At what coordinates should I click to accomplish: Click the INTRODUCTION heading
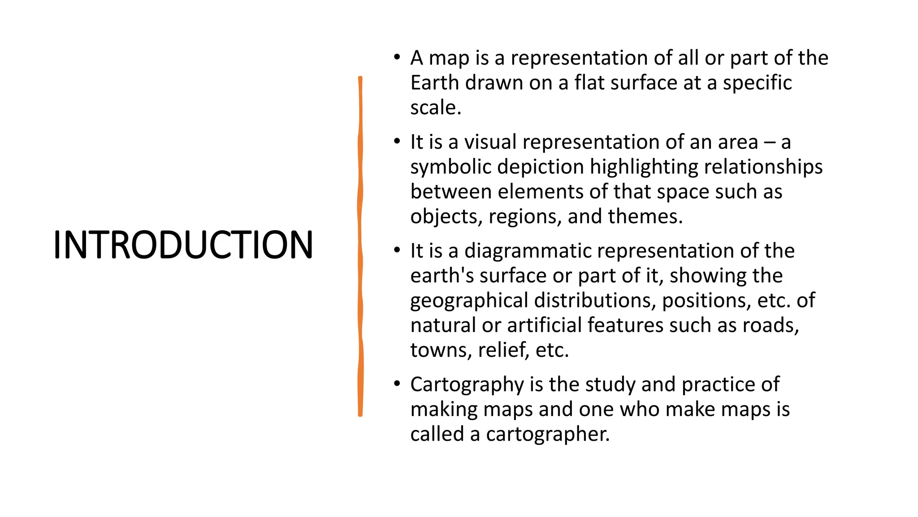click(x=183, y=245)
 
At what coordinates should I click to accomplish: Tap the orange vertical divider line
click(x=360, y=246)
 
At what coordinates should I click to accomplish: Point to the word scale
click(x=434, y=108)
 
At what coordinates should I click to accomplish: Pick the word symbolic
click(x=450, y=167)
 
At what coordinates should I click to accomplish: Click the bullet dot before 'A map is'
click(x=397, y=57)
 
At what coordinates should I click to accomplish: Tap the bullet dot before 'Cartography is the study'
click(x=397, y=384)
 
